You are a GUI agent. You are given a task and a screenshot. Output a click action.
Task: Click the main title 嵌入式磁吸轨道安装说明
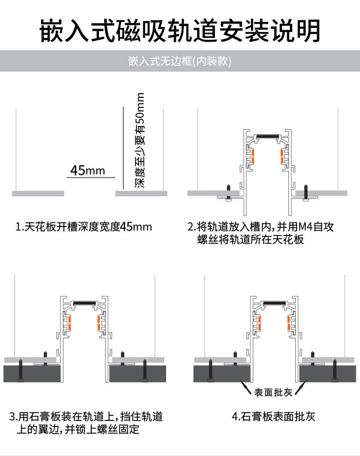coord(180,31)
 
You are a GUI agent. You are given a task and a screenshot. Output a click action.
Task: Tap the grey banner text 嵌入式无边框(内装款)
coord(180,61)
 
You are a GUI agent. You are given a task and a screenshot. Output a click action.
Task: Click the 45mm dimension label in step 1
coord(87,171)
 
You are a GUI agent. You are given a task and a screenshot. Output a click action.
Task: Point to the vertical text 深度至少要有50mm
coord(140,140)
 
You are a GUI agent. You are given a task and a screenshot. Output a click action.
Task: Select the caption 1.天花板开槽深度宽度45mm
coord(84,227)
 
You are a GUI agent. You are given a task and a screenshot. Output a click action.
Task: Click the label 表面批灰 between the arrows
coord(273,393)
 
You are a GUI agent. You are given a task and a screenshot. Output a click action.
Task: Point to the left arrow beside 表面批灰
coord(246,386)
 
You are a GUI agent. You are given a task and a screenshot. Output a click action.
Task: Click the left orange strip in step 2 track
coord(252,156)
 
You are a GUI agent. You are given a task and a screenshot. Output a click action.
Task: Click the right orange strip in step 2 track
coord(282,156)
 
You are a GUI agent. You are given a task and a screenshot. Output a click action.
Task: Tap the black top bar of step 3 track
coord(85,302)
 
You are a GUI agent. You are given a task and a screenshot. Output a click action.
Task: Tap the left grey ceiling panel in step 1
coord(38,194)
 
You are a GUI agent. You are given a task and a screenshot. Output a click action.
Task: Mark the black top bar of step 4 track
coord(275,302)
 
